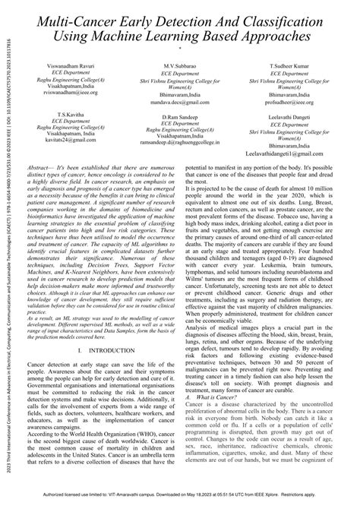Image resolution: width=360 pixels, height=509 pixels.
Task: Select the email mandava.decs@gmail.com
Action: tap(179, 100)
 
